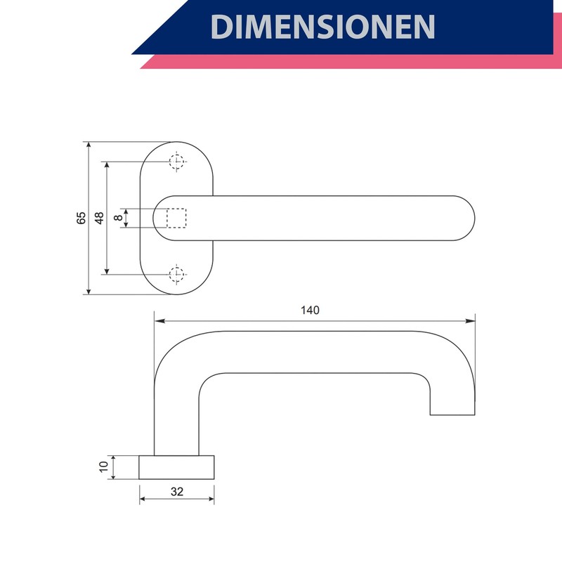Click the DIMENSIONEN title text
[322, 27]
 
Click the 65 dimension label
[81, 218]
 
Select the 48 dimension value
[99, 218]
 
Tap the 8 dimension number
[118, 218]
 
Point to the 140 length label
[310, 310]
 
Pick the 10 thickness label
[103, 466]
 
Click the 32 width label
[177, 491]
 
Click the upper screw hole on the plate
[176, 162]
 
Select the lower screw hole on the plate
[176, 275]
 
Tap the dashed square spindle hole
[176, 218]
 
